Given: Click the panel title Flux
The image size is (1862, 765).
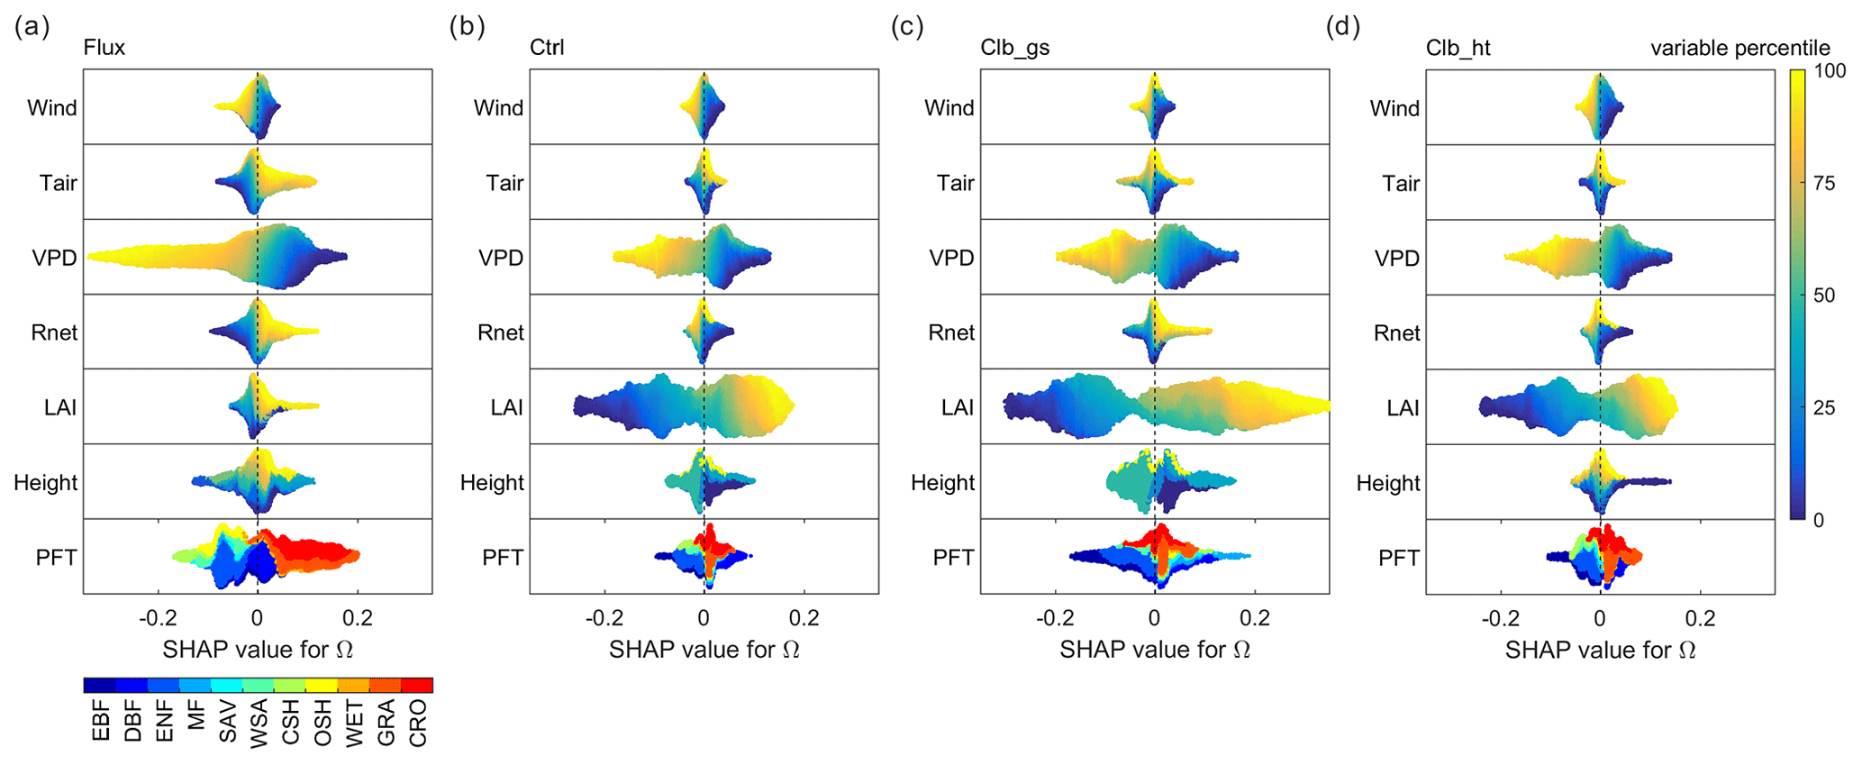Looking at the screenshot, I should tap(104, 48).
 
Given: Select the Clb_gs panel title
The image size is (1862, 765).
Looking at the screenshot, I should tap(1014, 48).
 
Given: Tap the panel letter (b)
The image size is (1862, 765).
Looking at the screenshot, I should tap(467, 27).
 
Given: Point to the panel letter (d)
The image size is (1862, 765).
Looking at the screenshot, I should tap(1342, 27).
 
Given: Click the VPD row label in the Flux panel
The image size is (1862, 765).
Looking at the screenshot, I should tap(54, 258).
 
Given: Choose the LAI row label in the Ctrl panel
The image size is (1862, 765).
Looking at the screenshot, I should tap(507, 407).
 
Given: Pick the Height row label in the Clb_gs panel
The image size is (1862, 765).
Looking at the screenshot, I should tap(942, 483).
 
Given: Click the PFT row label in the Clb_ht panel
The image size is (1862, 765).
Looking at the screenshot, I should tap(1399, 558).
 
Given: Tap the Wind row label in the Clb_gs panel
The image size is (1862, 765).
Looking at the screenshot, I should tap(949, 108).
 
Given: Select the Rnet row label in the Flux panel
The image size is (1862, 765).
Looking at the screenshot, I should tap(54, 332).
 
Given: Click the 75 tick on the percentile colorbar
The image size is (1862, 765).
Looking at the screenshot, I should tap(1824, 184).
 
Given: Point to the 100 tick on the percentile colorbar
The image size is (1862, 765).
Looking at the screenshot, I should tap(1830, 71).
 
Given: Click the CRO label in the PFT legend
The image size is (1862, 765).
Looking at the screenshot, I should tap(418, 724).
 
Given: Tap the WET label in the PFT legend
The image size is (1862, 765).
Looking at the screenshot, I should tap(355, 724).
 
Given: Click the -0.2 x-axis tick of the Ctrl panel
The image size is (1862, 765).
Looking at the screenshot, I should tap(604, 618).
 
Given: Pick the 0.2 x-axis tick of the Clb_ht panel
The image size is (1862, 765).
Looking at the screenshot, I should tap(1700, 618).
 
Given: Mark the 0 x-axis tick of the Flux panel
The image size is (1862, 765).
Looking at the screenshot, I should tap(258, 618).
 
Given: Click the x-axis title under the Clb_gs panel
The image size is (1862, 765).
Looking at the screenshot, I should tap(1155, 650).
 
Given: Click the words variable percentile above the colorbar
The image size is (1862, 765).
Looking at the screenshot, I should tap(1739, 48).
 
